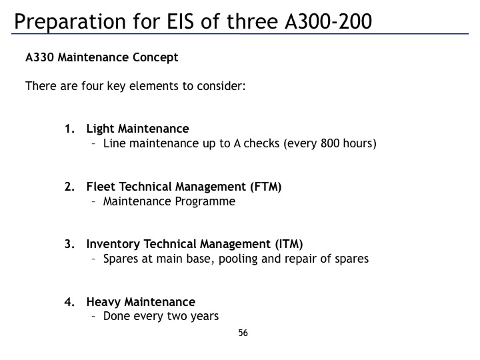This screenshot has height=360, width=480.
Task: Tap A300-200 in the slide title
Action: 328,21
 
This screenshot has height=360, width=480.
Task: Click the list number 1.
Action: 69,129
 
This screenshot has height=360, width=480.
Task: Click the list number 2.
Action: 69,187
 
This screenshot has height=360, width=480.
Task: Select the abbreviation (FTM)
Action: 266,187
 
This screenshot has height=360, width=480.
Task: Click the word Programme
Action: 205,202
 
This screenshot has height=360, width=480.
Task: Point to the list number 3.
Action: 69,244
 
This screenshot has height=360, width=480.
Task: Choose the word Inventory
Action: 113,244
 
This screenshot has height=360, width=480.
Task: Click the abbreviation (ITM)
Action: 289,244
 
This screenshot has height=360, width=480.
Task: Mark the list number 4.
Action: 69,302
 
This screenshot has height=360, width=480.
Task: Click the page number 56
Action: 243,333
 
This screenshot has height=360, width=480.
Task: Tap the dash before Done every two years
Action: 94,316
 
